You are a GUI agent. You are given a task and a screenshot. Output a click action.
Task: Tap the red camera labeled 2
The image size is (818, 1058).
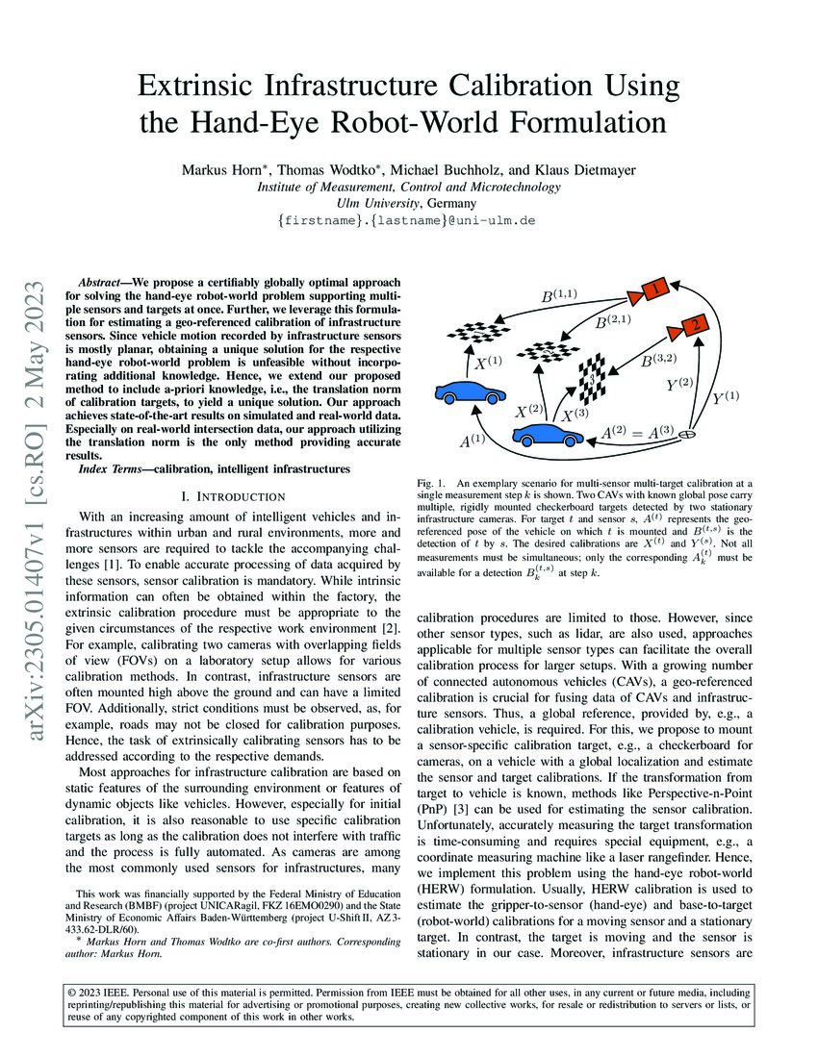tap(691, 327)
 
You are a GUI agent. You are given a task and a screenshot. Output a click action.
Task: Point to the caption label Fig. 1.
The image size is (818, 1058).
tap(432, 480)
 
